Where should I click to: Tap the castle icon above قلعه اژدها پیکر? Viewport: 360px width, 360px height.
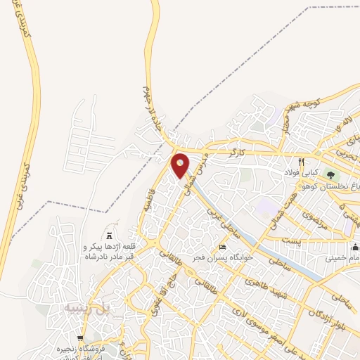click(109, 234)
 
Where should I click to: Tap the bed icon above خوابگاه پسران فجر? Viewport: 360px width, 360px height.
click(223, 247)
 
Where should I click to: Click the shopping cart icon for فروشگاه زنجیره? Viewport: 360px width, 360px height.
click(89, 339)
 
